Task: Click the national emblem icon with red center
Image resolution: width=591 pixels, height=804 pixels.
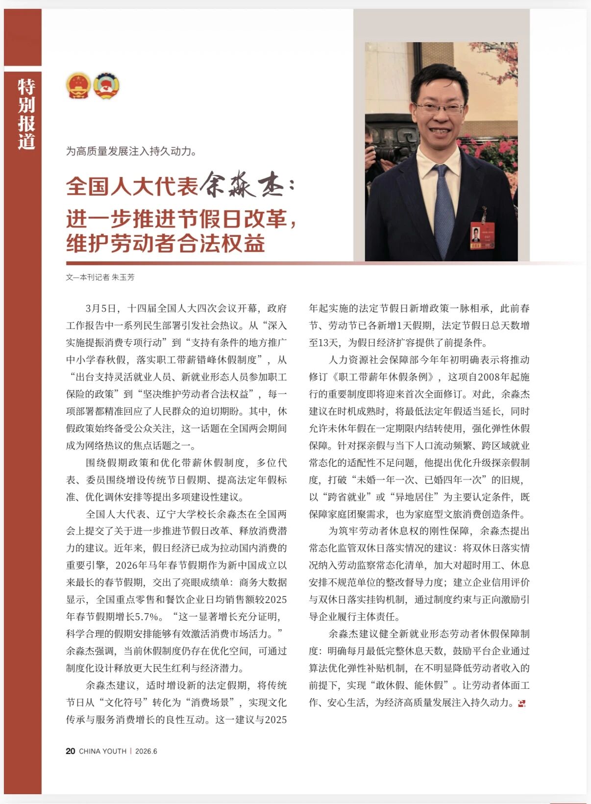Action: pos(78,86)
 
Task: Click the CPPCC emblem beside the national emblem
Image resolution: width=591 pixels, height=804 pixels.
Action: pos(106,86)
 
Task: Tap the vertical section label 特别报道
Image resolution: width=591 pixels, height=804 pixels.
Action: pos(26,114)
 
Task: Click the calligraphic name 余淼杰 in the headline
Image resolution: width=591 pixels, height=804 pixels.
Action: pos(247,185)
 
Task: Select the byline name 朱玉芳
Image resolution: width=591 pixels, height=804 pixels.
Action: pos(123,277)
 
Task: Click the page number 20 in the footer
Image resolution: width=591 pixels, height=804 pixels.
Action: pos(71,751)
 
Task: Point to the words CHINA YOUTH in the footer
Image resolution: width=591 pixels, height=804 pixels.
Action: pos(102,751)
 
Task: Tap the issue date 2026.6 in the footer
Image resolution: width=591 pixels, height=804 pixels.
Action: pos(146,751)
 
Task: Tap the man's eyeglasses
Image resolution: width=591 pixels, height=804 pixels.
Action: pos(440,107)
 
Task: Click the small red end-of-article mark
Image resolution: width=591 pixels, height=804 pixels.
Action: pos(521,703)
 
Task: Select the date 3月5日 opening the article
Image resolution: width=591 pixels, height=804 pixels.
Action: pos(101,308)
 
